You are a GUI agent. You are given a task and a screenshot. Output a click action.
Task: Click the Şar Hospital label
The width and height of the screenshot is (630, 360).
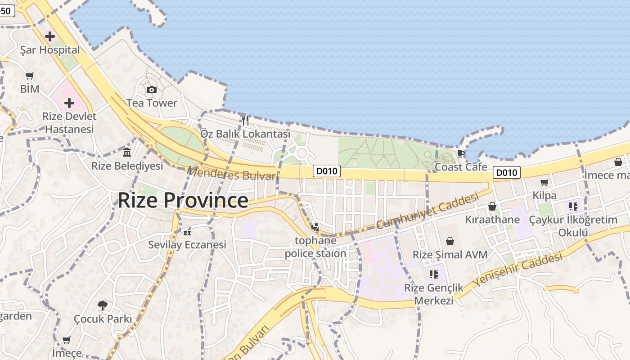[50, 50]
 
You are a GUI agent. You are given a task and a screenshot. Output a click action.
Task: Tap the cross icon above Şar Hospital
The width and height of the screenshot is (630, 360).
[50, 36]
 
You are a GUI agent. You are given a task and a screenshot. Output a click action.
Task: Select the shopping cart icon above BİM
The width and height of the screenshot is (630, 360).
[30, 76]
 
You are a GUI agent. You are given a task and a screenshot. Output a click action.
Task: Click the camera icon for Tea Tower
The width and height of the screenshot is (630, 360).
[152, 90]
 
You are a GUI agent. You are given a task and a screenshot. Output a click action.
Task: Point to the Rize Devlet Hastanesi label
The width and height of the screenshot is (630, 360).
[69, 123]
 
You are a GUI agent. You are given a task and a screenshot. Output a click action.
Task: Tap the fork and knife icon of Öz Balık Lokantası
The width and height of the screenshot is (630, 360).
[245, 120]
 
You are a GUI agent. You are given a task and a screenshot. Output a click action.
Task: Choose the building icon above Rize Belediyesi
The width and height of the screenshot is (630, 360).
[127, 153]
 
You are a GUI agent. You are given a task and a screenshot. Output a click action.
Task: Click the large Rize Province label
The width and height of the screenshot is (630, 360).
[183, 200]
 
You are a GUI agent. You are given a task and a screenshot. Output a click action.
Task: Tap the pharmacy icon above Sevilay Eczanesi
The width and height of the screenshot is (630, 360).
[187, 232]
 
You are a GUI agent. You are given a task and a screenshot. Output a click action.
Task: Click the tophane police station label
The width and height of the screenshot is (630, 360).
[315, 247]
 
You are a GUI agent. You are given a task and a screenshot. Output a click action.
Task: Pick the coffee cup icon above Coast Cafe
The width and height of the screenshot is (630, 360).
[461, 153]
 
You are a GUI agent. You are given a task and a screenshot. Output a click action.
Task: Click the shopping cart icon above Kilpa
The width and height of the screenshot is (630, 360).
[544, 182]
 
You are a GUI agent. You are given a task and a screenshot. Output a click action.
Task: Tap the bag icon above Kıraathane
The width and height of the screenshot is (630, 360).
[492, 207]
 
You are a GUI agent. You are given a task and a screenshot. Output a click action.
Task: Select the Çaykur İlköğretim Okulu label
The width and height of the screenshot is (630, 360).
[573, 226]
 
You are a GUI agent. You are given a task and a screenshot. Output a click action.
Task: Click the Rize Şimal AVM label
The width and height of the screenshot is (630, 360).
[450, 255]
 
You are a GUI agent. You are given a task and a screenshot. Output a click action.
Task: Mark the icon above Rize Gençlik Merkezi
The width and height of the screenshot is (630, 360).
[434, 274]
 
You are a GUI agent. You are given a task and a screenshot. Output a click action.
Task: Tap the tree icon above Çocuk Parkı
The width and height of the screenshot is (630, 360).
[103, 306]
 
